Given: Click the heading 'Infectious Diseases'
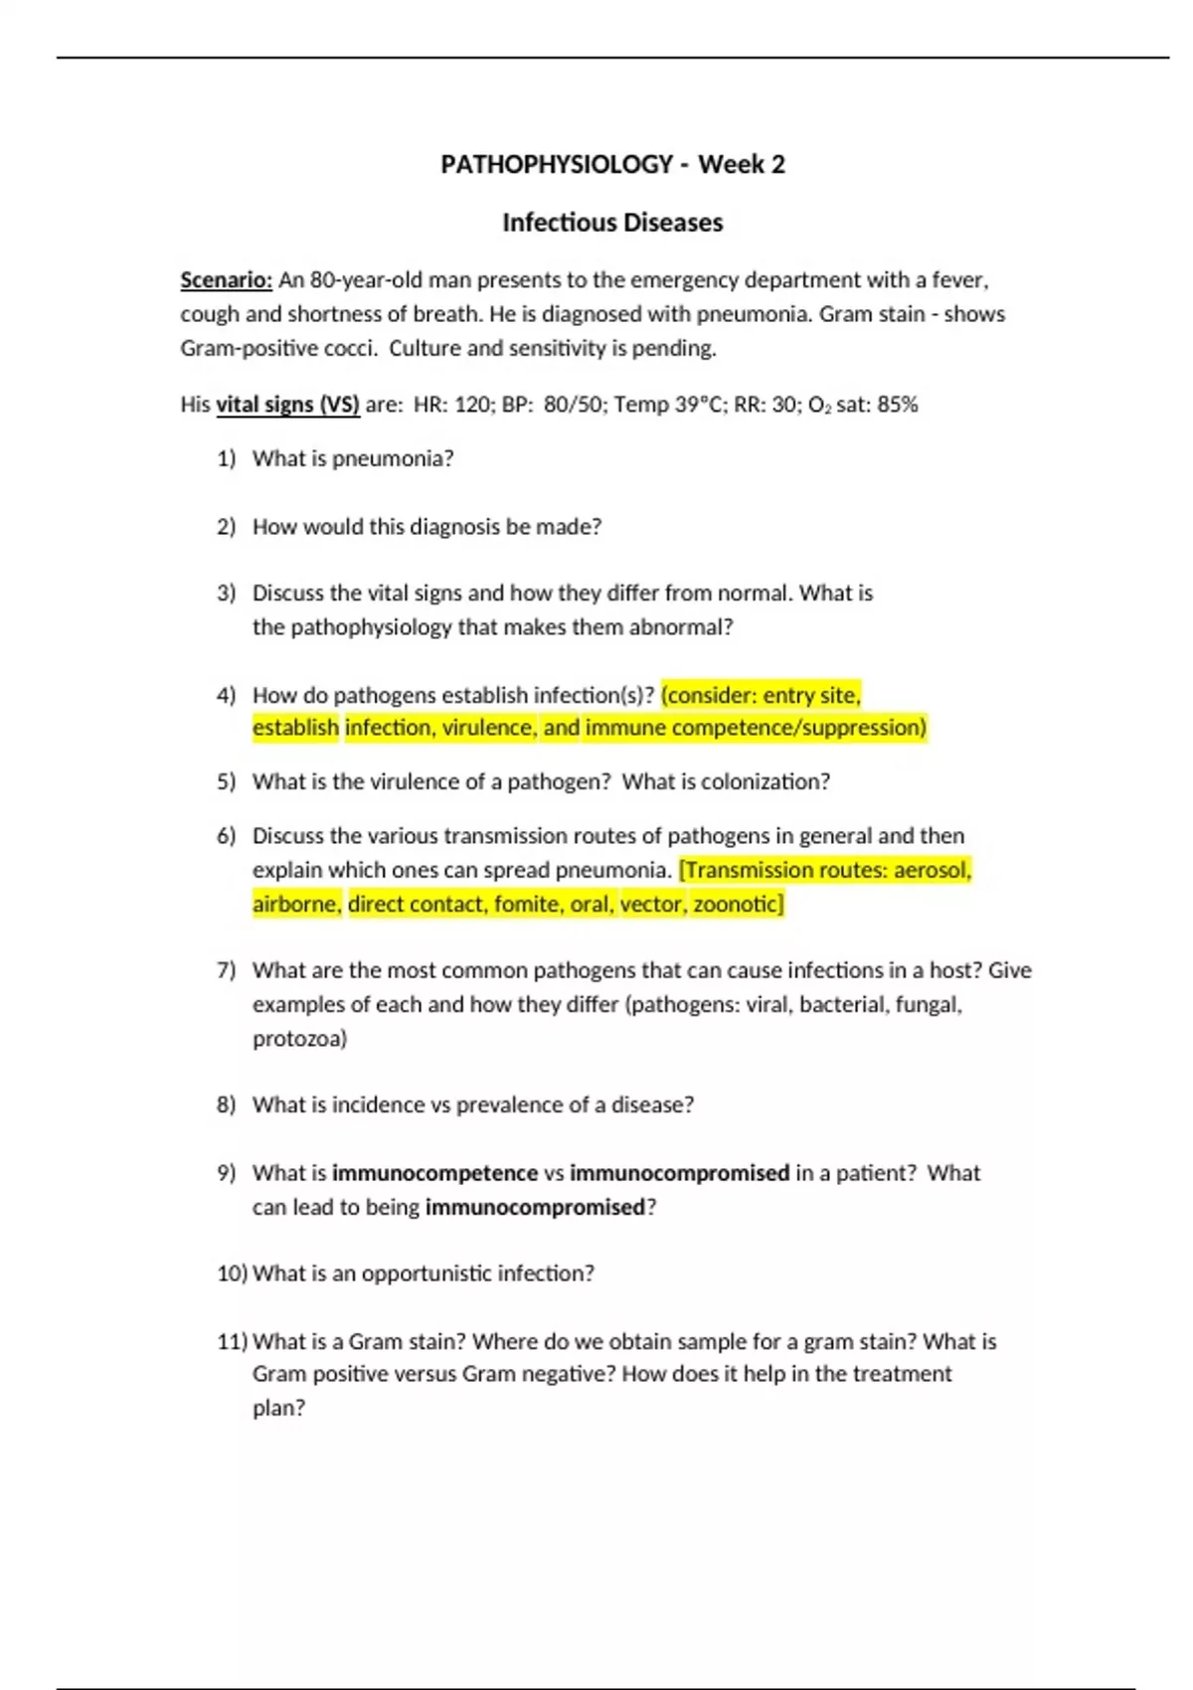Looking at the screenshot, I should pyautogui.click(x=611, y=223).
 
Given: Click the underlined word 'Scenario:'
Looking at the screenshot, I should pyautogui.click(x=226, y=280).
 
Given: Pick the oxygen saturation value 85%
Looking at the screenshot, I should pyautogui.click(x=897, y=405).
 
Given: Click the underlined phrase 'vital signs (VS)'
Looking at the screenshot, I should pyautogui.click(x=287, y=405).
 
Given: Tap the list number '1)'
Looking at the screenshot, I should pyautogui.click(x=227, y=458).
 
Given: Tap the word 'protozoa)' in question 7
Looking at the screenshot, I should pyautogui.click(x=299, y=1039).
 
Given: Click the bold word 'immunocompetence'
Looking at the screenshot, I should pyautogui.click(x=434, y=1173).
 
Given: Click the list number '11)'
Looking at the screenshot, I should pyautogui.click(x=232, y=1342).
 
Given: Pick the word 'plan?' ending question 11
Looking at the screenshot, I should pyautogui.click(x=278, y=1409).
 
